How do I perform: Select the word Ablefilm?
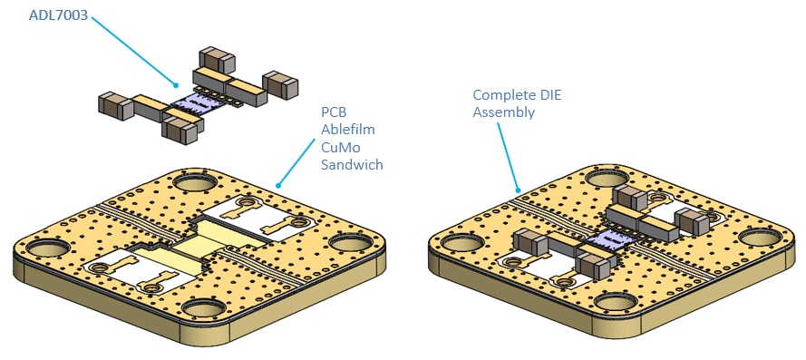[347, 129]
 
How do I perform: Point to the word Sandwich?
[352, 164]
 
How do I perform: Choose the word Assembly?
[504, 112]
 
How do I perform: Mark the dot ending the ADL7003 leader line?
[176, 85]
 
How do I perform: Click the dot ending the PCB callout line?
[278, 185]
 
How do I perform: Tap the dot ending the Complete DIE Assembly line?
[519, 190]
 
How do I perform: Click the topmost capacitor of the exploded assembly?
[217, 60]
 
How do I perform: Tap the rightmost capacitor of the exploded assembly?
[280, 85]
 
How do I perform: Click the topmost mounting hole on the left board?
[190, 182]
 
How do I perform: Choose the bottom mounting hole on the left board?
[204, 308]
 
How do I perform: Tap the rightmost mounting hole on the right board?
[761, 237]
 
